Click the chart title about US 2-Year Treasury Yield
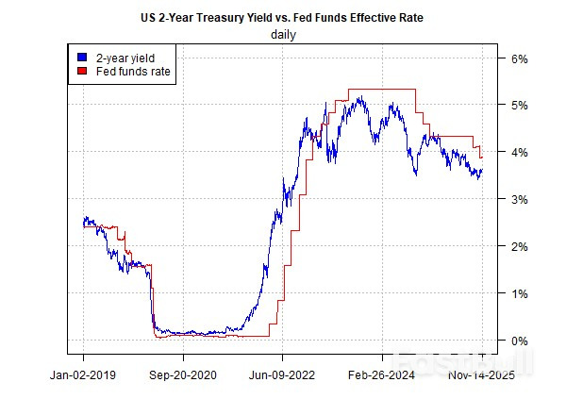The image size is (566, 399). [x=283, y=18]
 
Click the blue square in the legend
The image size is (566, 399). [x=82, y=57]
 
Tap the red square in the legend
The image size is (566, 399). [x=82, y=71]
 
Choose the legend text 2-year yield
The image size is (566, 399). [x=119, y=57]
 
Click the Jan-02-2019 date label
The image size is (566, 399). [x=83, y=374]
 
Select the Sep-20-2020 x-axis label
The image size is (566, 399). [x=183, y=374]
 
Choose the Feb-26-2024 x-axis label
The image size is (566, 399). [x=383, y=374]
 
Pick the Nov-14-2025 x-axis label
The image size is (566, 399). [x=478, y=374]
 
